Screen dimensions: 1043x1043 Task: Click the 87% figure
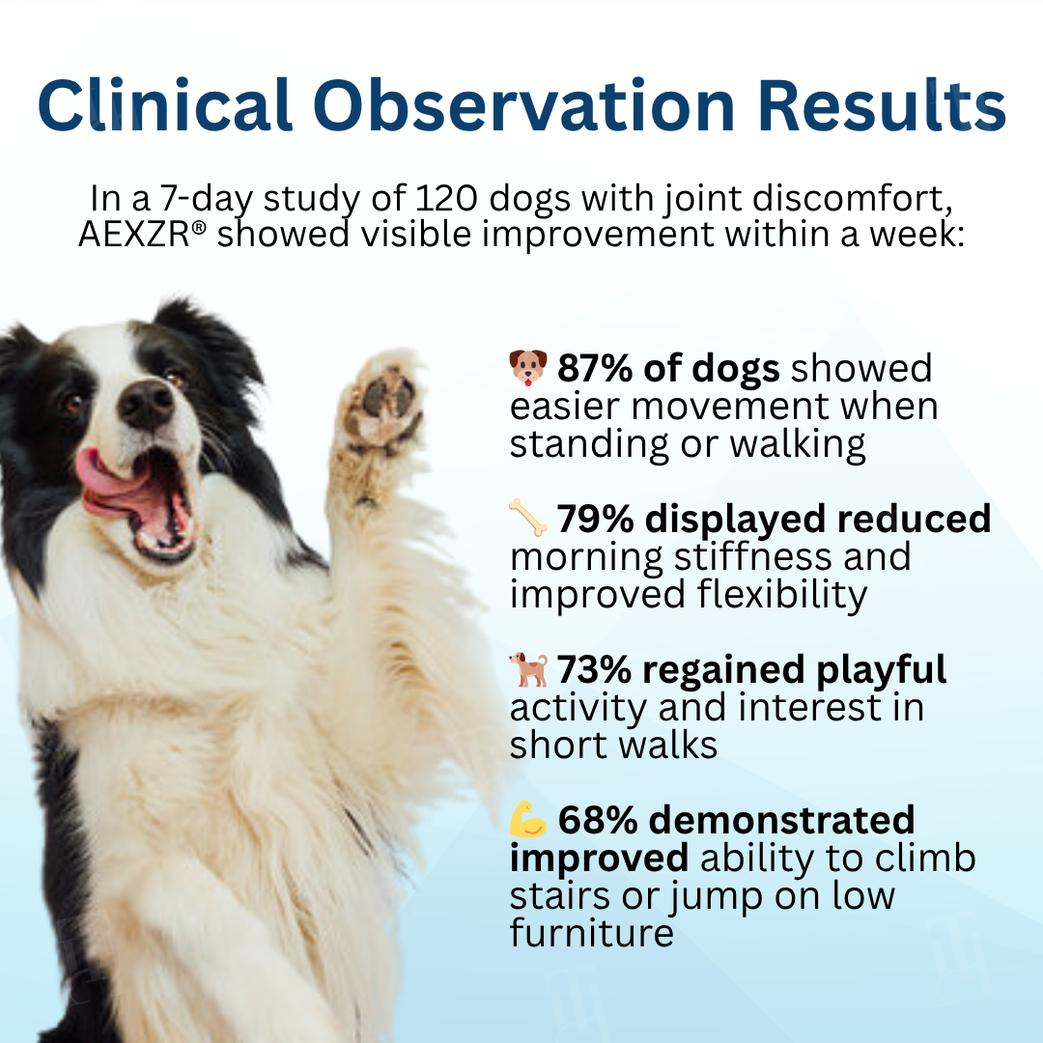pos(592,369)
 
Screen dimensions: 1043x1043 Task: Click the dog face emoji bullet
pos(527,368)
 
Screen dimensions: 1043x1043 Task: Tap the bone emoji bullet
pos(527,519)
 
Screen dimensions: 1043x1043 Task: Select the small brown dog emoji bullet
pos(528,669)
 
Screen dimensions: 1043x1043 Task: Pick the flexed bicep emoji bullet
pos(528,820)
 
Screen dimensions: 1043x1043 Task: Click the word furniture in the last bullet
pos(591,934)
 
